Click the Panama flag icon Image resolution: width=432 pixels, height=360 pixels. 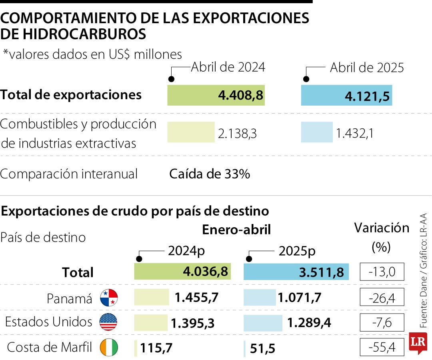tap(109, 298)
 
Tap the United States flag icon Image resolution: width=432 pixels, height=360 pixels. tap(109, 322)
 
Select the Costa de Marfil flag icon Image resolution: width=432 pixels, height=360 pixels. tap(109, 348)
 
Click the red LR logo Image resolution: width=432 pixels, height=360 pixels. tap(418, 343)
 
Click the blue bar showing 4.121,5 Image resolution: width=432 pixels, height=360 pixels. tap(346, 95)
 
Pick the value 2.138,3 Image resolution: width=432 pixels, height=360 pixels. tap(237, 133)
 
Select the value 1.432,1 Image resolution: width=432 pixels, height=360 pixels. tap(355, 133)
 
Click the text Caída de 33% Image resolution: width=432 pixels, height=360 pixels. tap(210, 174)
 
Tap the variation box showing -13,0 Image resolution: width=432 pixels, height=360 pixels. tap(382, 272)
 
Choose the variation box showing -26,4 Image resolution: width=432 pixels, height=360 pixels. tap(382, 298)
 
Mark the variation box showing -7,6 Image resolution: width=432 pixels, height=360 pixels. tap(382, 322)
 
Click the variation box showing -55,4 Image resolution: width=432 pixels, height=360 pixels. tap(382, 347)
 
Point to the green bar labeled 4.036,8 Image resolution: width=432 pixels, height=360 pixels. tap(182, 272)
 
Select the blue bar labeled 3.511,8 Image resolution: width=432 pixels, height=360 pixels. tap(296, 272)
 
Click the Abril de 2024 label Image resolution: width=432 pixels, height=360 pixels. tap(228, 67)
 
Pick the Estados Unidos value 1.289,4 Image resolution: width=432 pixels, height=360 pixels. tap(308, 322)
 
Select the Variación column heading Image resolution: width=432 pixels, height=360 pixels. tap(382, 228)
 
